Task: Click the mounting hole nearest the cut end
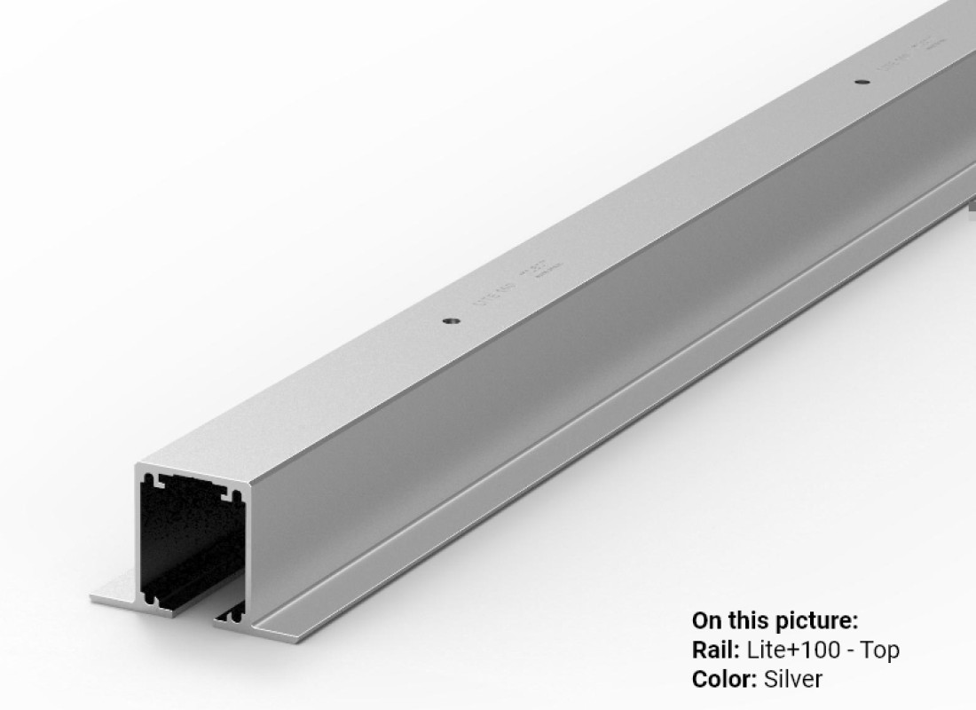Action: (x=450, y=320)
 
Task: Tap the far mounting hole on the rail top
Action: (x=860, y=83)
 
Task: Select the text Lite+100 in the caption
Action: (x=793, y=650)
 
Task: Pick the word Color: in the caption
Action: (x=723, y=679)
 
